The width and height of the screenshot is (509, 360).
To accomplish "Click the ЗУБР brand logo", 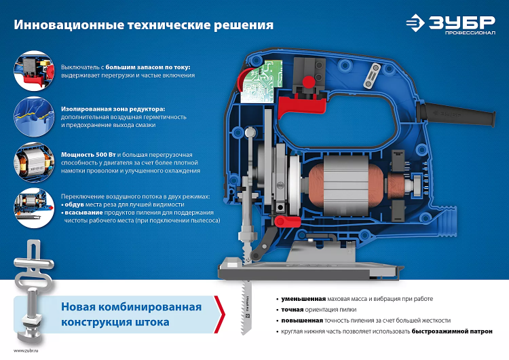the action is click(451, 23).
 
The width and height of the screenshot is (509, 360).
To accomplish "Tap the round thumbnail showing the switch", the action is click(34, 71).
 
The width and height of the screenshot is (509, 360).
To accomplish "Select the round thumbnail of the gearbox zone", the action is click(34, 116).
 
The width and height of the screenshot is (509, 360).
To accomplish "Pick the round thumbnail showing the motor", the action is click(34, 162).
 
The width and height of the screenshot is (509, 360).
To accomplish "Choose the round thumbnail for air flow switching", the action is click(34, 208).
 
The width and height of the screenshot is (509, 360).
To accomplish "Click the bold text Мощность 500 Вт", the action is click(88, 155).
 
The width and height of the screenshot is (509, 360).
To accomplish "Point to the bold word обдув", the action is click(75, 204).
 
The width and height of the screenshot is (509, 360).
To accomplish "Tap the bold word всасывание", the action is click(83, 213).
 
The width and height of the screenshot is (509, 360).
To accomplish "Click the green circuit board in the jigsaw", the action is click(260, 82).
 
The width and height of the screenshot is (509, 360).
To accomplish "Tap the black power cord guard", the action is click(456, 115).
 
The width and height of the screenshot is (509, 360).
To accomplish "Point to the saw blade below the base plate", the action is click(246, 307).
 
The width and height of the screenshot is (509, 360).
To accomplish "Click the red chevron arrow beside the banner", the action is click(219, 314).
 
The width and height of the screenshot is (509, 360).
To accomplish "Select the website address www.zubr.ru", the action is click(26, 350).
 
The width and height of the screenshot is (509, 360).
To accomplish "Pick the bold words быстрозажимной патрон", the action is click(452, 331).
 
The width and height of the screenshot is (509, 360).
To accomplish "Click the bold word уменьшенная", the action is click(303, 299).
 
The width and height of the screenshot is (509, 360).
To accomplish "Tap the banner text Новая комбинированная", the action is click(131, 307).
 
